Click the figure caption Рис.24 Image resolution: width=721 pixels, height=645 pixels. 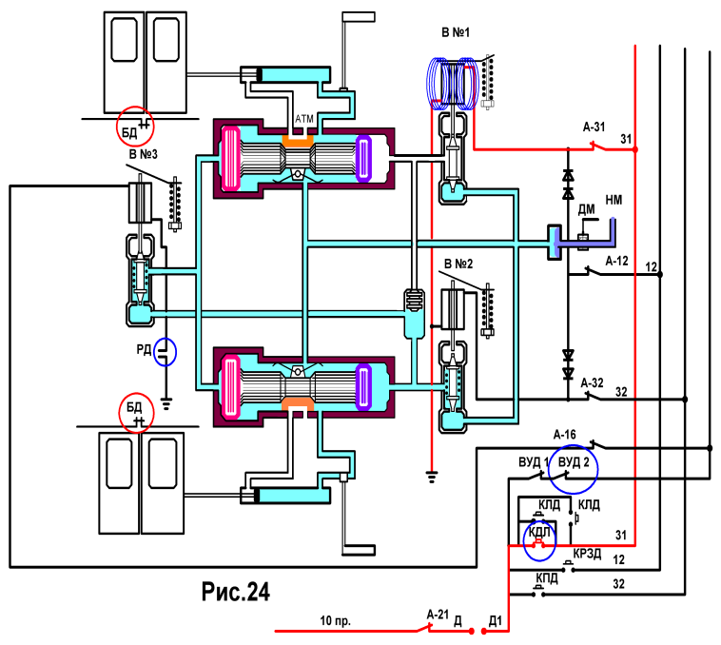(236, 592)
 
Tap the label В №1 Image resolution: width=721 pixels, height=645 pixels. (456, 32)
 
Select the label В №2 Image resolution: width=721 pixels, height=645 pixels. (458, 264)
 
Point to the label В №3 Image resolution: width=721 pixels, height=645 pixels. (144, 154)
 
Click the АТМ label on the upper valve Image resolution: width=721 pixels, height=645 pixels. (304, 119)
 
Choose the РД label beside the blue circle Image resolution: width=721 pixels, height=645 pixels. (144, 350)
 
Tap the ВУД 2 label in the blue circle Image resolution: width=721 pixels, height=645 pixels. (574, 462)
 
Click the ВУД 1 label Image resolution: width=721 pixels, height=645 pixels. (534, 462)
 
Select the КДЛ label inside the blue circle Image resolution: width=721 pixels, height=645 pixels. (539, 533)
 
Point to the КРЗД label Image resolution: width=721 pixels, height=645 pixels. (587, 554)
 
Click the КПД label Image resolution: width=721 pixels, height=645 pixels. (547, 577)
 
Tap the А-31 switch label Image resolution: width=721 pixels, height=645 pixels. (594, 127)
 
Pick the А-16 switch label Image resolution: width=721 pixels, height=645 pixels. (565, 435)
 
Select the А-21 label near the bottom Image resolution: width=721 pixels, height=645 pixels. (438, 615)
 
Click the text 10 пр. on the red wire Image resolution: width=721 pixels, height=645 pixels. (335, 620)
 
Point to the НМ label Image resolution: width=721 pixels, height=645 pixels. (614, 200)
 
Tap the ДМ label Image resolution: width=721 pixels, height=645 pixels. (586, 209)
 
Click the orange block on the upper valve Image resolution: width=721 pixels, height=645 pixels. (298, 141)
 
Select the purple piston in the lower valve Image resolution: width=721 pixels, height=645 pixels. (363, 386)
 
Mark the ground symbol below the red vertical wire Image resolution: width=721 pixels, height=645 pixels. (431, 478)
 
